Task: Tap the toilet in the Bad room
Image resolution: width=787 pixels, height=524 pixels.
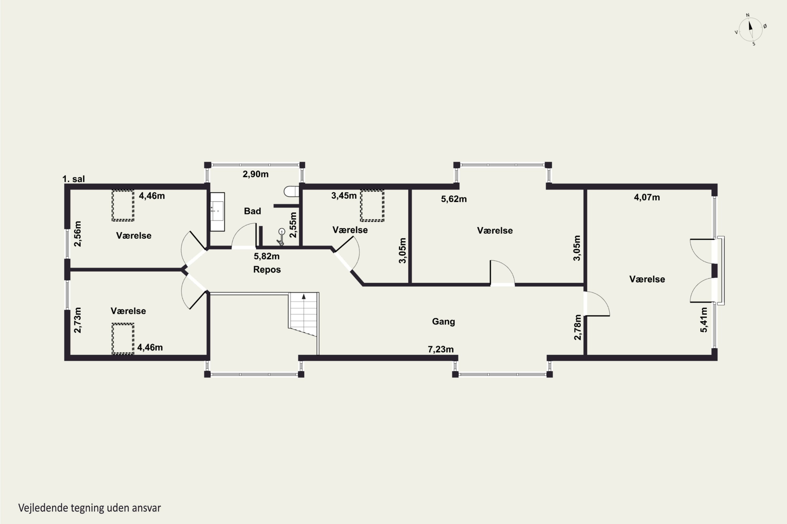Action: pyautogui.click(x=291, y=192)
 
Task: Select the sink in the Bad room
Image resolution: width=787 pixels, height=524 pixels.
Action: pyautogui.click(x=217, y=211)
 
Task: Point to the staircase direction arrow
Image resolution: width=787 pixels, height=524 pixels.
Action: pyautogui.click(x=304, y=296)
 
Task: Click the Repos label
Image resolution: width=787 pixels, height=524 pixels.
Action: pyautogui.click(x=267, y=269)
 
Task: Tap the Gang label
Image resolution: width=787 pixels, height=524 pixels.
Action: pyautogui.click(x=443, y=321)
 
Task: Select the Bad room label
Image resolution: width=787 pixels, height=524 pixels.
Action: pyautogui.click(x=252, y=211)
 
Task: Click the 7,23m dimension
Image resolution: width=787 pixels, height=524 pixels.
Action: pyautogui.click(x=441, y=349)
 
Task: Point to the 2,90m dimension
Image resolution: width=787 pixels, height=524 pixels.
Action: pyautogui.click(x=255, y=174)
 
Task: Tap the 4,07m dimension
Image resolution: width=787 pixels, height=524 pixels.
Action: pyautogui.click(x=647, y=197)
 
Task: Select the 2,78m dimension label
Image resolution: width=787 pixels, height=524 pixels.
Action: pyautogui.click(x=578, y=327)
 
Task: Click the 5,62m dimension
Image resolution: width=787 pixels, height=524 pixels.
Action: pyautogui.click(x=454, y=199)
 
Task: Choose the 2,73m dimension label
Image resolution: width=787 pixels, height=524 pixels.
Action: pyautogui.click(x=77, y=320)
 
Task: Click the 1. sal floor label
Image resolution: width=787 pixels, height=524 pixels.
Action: pyautogui.click(x=74, y=179)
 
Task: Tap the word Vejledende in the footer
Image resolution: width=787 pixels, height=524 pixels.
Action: pyautogui.click(x=43, y=508)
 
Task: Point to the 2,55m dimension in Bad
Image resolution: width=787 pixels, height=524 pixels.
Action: pyautogui.click(x=293, y=225)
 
